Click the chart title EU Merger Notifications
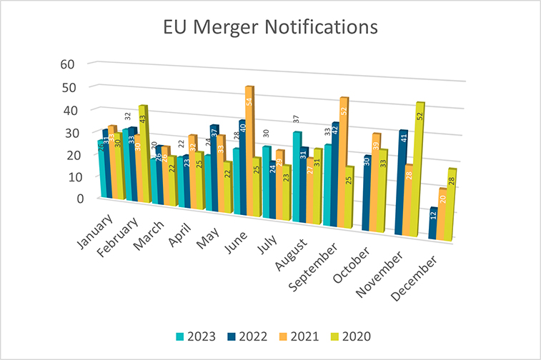pyautogui.click(x=270, y=27)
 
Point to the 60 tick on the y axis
pyautogui.click(x=67, y=64)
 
